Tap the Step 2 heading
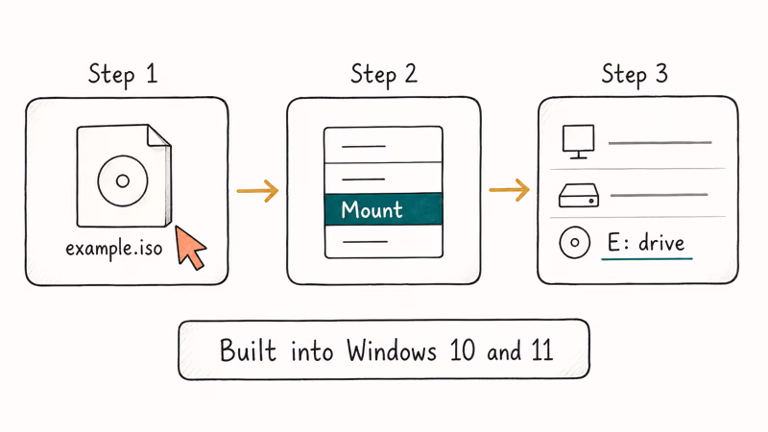point(384,74)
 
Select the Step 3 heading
point(635,74)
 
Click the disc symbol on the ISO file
point(121,180)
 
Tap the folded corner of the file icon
point(158,136)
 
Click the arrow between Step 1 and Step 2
point(256,191)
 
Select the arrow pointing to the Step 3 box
point(509,191)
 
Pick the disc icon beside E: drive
point(574,244)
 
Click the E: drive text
point(648,244)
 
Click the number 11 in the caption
point(540,349)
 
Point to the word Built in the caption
point(247,349)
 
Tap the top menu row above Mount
point(383,146)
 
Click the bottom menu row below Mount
point(383,242)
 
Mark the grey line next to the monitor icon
point(660,143)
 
